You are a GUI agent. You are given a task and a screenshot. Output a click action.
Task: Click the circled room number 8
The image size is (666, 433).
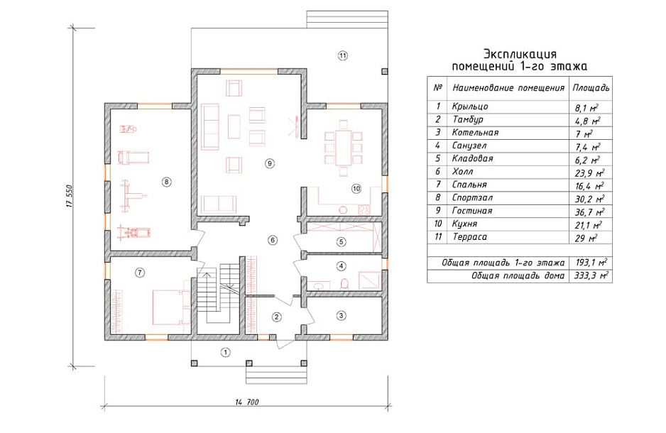[166, 182]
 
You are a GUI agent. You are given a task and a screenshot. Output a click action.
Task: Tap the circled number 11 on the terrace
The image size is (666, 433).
[343, 55]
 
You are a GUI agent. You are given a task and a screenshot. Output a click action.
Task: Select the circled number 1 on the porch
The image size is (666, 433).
[226, 352]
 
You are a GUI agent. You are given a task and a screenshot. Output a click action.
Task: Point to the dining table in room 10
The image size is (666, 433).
[343, 148]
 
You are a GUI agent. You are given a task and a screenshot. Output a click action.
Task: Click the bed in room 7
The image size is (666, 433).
[171, 307]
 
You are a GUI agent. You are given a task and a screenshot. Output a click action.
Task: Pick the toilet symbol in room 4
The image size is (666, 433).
[345, 283]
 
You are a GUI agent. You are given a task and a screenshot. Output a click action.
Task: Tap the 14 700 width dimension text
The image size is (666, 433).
[247, 402]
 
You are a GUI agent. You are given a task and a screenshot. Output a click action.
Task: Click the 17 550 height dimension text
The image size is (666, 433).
[70, 196]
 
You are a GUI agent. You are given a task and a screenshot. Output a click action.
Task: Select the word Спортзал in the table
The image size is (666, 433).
[472, 198]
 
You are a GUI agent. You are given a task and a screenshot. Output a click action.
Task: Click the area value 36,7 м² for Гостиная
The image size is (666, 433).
[589, 212]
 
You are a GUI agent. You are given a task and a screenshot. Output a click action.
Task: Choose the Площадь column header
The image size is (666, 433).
[591, 88]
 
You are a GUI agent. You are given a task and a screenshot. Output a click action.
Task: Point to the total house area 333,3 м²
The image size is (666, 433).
[591, 275]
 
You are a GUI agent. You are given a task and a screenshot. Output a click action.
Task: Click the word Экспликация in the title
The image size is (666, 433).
[520, 54]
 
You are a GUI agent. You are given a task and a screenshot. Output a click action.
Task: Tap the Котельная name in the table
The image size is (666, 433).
[475, 133]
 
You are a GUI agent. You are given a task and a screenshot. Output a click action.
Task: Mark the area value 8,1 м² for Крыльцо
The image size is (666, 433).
[587, 107]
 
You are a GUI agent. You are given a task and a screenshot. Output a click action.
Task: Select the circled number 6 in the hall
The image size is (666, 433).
[273, 240]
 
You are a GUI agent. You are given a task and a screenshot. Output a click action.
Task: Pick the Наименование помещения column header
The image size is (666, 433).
[508, 88]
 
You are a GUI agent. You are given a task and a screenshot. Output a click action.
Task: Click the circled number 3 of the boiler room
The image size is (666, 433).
[341, 315]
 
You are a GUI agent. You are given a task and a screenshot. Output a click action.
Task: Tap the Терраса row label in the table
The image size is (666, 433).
[469, 237]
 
